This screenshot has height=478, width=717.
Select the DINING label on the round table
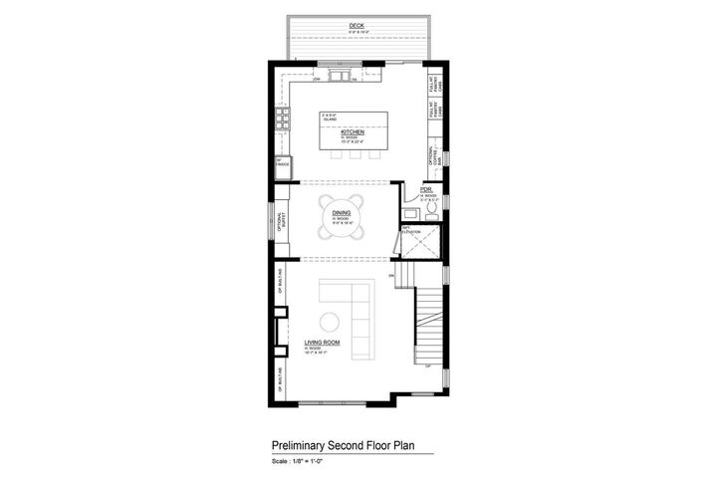341,213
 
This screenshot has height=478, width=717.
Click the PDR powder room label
425,189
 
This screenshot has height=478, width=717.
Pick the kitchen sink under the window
339,71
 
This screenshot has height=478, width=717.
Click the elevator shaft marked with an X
424,243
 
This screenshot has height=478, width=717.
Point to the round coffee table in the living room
330,320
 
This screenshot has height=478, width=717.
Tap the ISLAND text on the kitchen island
327,119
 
